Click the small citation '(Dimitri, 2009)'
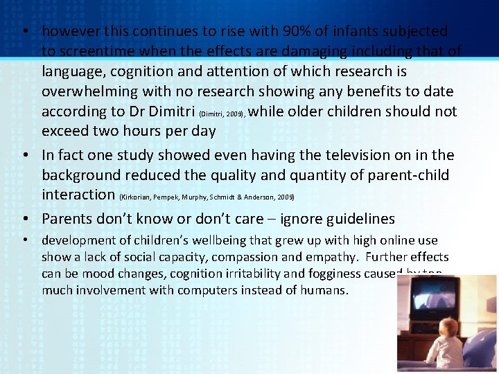[x=222, y=113]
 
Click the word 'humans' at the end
[x=324, y=290]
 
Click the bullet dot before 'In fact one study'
[x=26, y=156]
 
